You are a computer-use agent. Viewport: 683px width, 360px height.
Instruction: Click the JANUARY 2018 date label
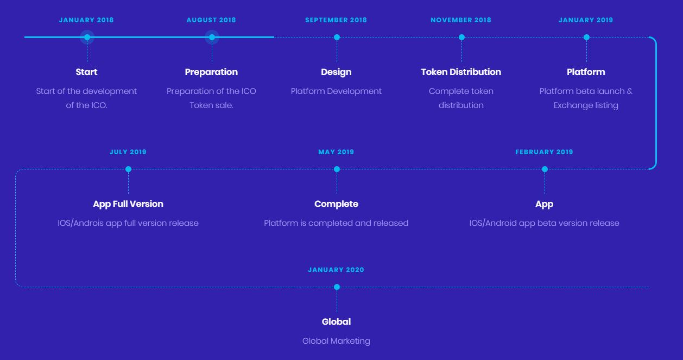[x=86, y=20]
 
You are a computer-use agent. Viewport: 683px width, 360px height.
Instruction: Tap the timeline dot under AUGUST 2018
[x=212, y=37]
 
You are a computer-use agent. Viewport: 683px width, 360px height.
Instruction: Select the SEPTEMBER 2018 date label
[x=336, y=20]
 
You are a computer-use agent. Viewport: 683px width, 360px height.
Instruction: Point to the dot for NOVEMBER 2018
[x=461, y=37]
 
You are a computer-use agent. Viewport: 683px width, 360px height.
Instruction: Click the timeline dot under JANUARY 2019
[x=587, y=37]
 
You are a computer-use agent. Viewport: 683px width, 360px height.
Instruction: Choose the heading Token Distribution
[x=461, y=72]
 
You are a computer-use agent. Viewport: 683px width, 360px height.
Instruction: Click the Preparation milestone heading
[x=211, y=72]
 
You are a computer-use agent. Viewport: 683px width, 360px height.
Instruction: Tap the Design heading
[x=336, y=72]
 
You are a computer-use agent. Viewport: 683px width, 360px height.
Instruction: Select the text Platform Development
[x=336, y=91]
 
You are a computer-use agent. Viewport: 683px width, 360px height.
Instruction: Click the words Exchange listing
[x=586, y=105]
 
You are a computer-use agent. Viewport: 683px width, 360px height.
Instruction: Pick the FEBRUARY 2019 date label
[x=544, y=152]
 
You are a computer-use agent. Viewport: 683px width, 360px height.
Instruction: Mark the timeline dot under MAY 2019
[x=337, y=169]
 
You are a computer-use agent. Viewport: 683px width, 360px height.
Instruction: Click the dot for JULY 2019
[x=128, y=169]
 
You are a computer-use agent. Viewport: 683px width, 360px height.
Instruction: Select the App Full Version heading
[x=128, y=204]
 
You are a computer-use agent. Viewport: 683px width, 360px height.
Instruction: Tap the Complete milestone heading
[x=336, y=204]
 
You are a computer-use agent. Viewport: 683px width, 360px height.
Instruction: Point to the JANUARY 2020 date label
[x=336, y=270]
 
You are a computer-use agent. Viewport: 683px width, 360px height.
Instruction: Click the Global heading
[x=336, y=321]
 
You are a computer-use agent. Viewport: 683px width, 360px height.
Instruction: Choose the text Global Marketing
[x=336, y=341]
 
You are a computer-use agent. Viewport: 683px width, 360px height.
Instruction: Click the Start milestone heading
[x=86, y=72]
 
